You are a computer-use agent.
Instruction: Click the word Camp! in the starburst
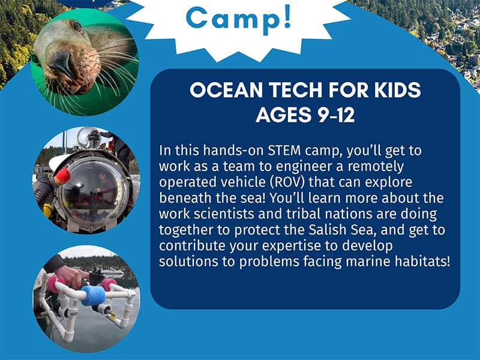point(238,19)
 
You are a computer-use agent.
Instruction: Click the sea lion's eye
point(77,26)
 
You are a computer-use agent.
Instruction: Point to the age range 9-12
point(335,115)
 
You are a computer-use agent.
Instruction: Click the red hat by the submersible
point(63,175)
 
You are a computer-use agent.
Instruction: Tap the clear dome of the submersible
point(92,191)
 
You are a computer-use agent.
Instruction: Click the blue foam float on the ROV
point(93,296)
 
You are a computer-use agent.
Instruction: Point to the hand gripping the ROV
point(70,275)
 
